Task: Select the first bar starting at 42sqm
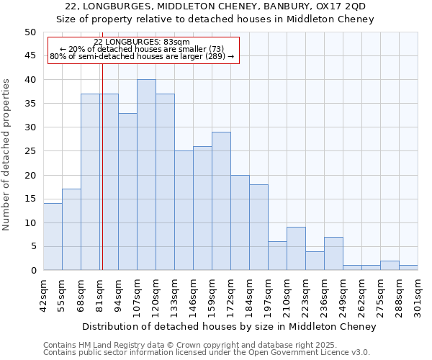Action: [53, 237]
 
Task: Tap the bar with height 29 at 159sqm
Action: [221, 201]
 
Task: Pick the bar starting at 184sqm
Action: [258, 228]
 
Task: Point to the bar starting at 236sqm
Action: [333, 253]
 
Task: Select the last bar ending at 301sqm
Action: [408, 268]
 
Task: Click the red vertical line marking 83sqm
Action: [102, 180]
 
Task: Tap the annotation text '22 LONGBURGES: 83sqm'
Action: [142, 42]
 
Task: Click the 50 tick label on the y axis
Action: [30, 32]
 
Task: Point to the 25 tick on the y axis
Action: [30, 151]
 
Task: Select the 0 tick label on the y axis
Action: [32, 271]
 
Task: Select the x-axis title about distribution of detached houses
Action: [229, 327]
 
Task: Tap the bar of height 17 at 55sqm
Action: [71, 230]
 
